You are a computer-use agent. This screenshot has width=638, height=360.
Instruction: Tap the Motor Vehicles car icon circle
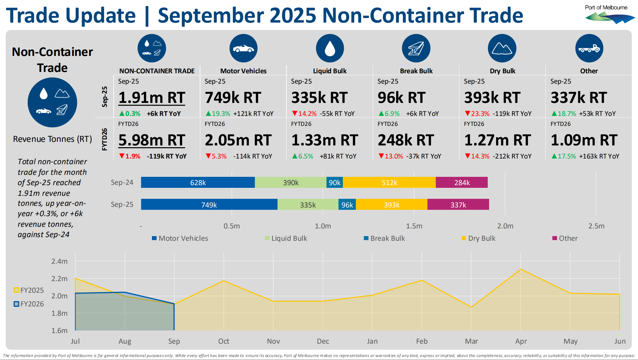(x=243, y=48)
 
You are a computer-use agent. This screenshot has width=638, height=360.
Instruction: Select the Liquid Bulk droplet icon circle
(x=329, y=48)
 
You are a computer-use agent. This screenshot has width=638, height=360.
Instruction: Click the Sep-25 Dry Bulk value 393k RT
(x=492, y=98)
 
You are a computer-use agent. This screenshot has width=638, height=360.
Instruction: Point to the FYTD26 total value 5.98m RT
(x=152, y=140)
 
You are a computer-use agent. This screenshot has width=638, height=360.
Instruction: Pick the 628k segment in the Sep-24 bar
(x=198, y=182)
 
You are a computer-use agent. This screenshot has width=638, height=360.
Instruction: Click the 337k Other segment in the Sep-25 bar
(x=458, y=205)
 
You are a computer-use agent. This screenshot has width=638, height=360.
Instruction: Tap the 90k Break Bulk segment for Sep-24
(x=334, y=182)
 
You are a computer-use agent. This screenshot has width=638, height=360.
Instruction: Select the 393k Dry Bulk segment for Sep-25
(x=391, y=205)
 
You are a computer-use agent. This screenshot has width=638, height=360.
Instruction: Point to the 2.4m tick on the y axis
(x=59, y=261)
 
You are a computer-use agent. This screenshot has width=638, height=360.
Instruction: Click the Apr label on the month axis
(x=521, y=341)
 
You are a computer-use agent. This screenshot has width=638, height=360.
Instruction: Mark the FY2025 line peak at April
(x=521, y=269)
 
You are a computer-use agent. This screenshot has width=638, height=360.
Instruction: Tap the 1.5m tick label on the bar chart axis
(x=414, y=226)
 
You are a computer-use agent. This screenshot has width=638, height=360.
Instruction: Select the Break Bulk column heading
(x=416, y=71)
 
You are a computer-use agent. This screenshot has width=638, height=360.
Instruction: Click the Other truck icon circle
(x=589, y=48)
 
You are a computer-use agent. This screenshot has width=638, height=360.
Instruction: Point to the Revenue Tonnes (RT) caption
(x=52, y=139)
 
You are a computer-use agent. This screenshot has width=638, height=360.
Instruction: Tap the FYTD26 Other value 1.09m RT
(x=584, y=140)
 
